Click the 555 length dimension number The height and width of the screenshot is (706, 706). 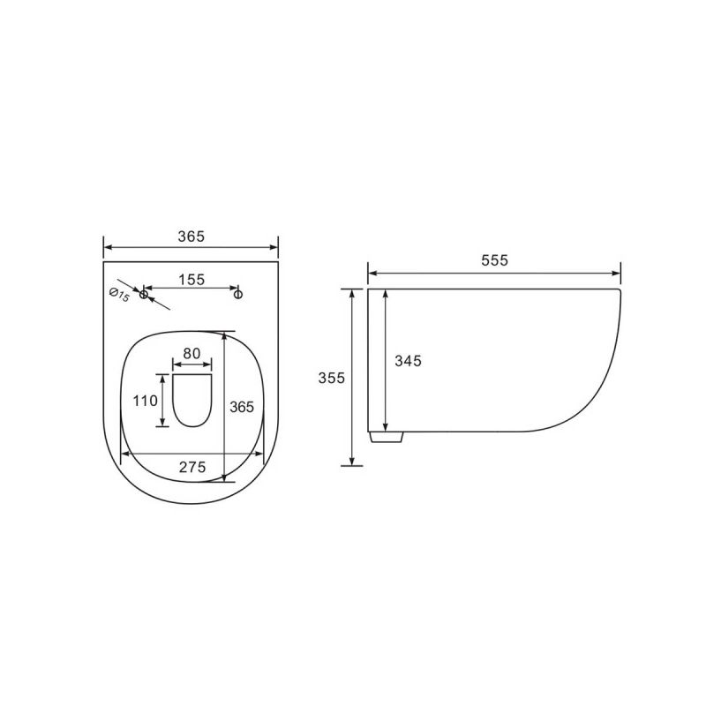point(494,260)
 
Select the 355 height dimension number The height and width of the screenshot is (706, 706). point(332,377)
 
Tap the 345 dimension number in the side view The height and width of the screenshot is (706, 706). point(409,360)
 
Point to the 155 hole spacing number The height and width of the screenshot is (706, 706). point(191,279)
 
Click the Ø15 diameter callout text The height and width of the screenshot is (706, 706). point(119,293)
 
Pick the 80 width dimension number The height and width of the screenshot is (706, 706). point(192,353)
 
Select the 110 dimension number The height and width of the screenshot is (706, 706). point(146,400)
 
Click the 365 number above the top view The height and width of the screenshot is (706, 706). point(191,236)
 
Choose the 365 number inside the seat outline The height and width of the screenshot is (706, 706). point(241,406)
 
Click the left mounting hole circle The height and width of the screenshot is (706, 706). point(143,294)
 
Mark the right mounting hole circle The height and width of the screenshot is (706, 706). point(237,294)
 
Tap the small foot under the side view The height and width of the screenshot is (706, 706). point(387,437)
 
